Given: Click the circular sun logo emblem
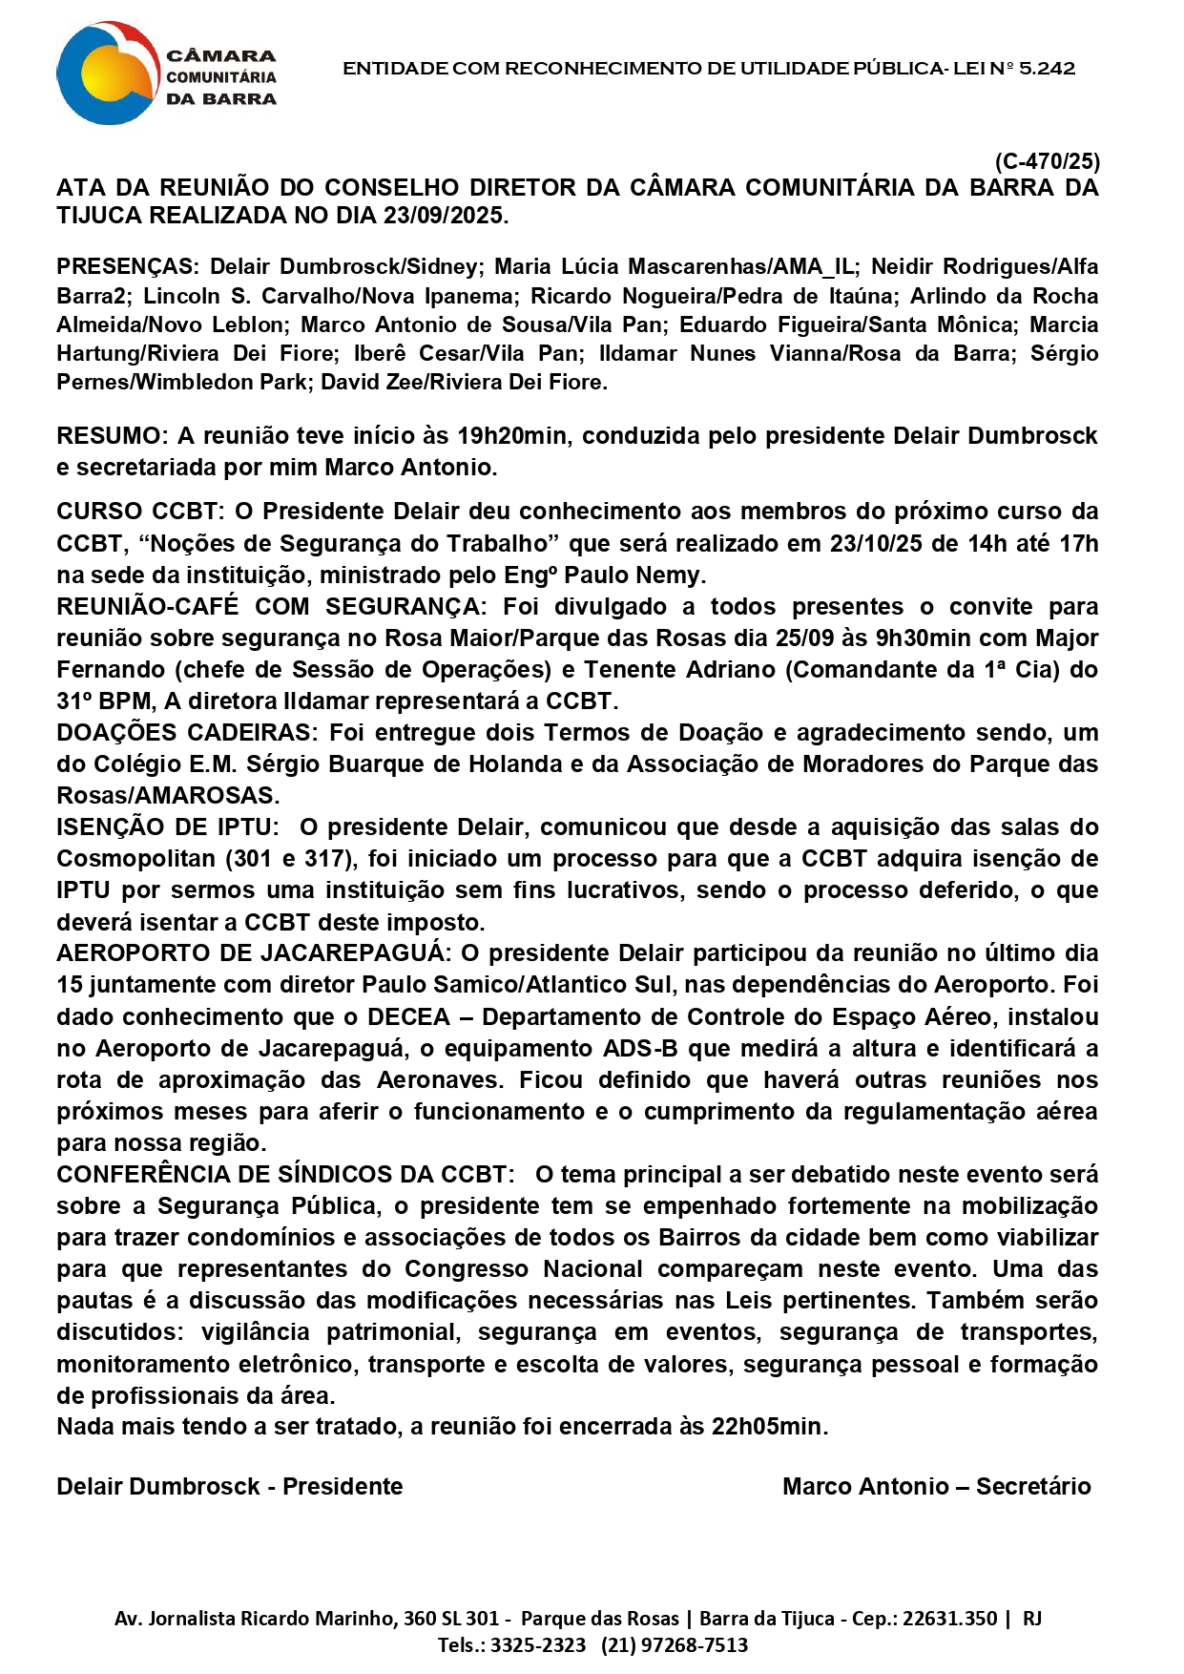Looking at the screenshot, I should (107, 73).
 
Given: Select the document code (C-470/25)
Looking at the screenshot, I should (1047, 161).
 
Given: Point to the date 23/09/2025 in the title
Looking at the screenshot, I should (445, 216).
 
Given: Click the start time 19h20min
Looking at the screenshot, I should (511, 436).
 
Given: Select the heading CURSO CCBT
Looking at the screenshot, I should (139, 512).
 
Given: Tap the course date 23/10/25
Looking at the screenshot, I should (877, 544).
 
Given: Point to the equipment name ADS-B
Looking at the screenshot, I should (640, 1049).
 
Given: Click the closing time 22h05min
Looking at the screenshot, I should (769, 1427).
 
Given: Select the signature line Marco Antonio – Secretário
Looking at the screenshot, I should (936, 1487).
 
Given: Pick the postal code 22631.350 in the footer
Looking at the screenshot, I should (949, 1619).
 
